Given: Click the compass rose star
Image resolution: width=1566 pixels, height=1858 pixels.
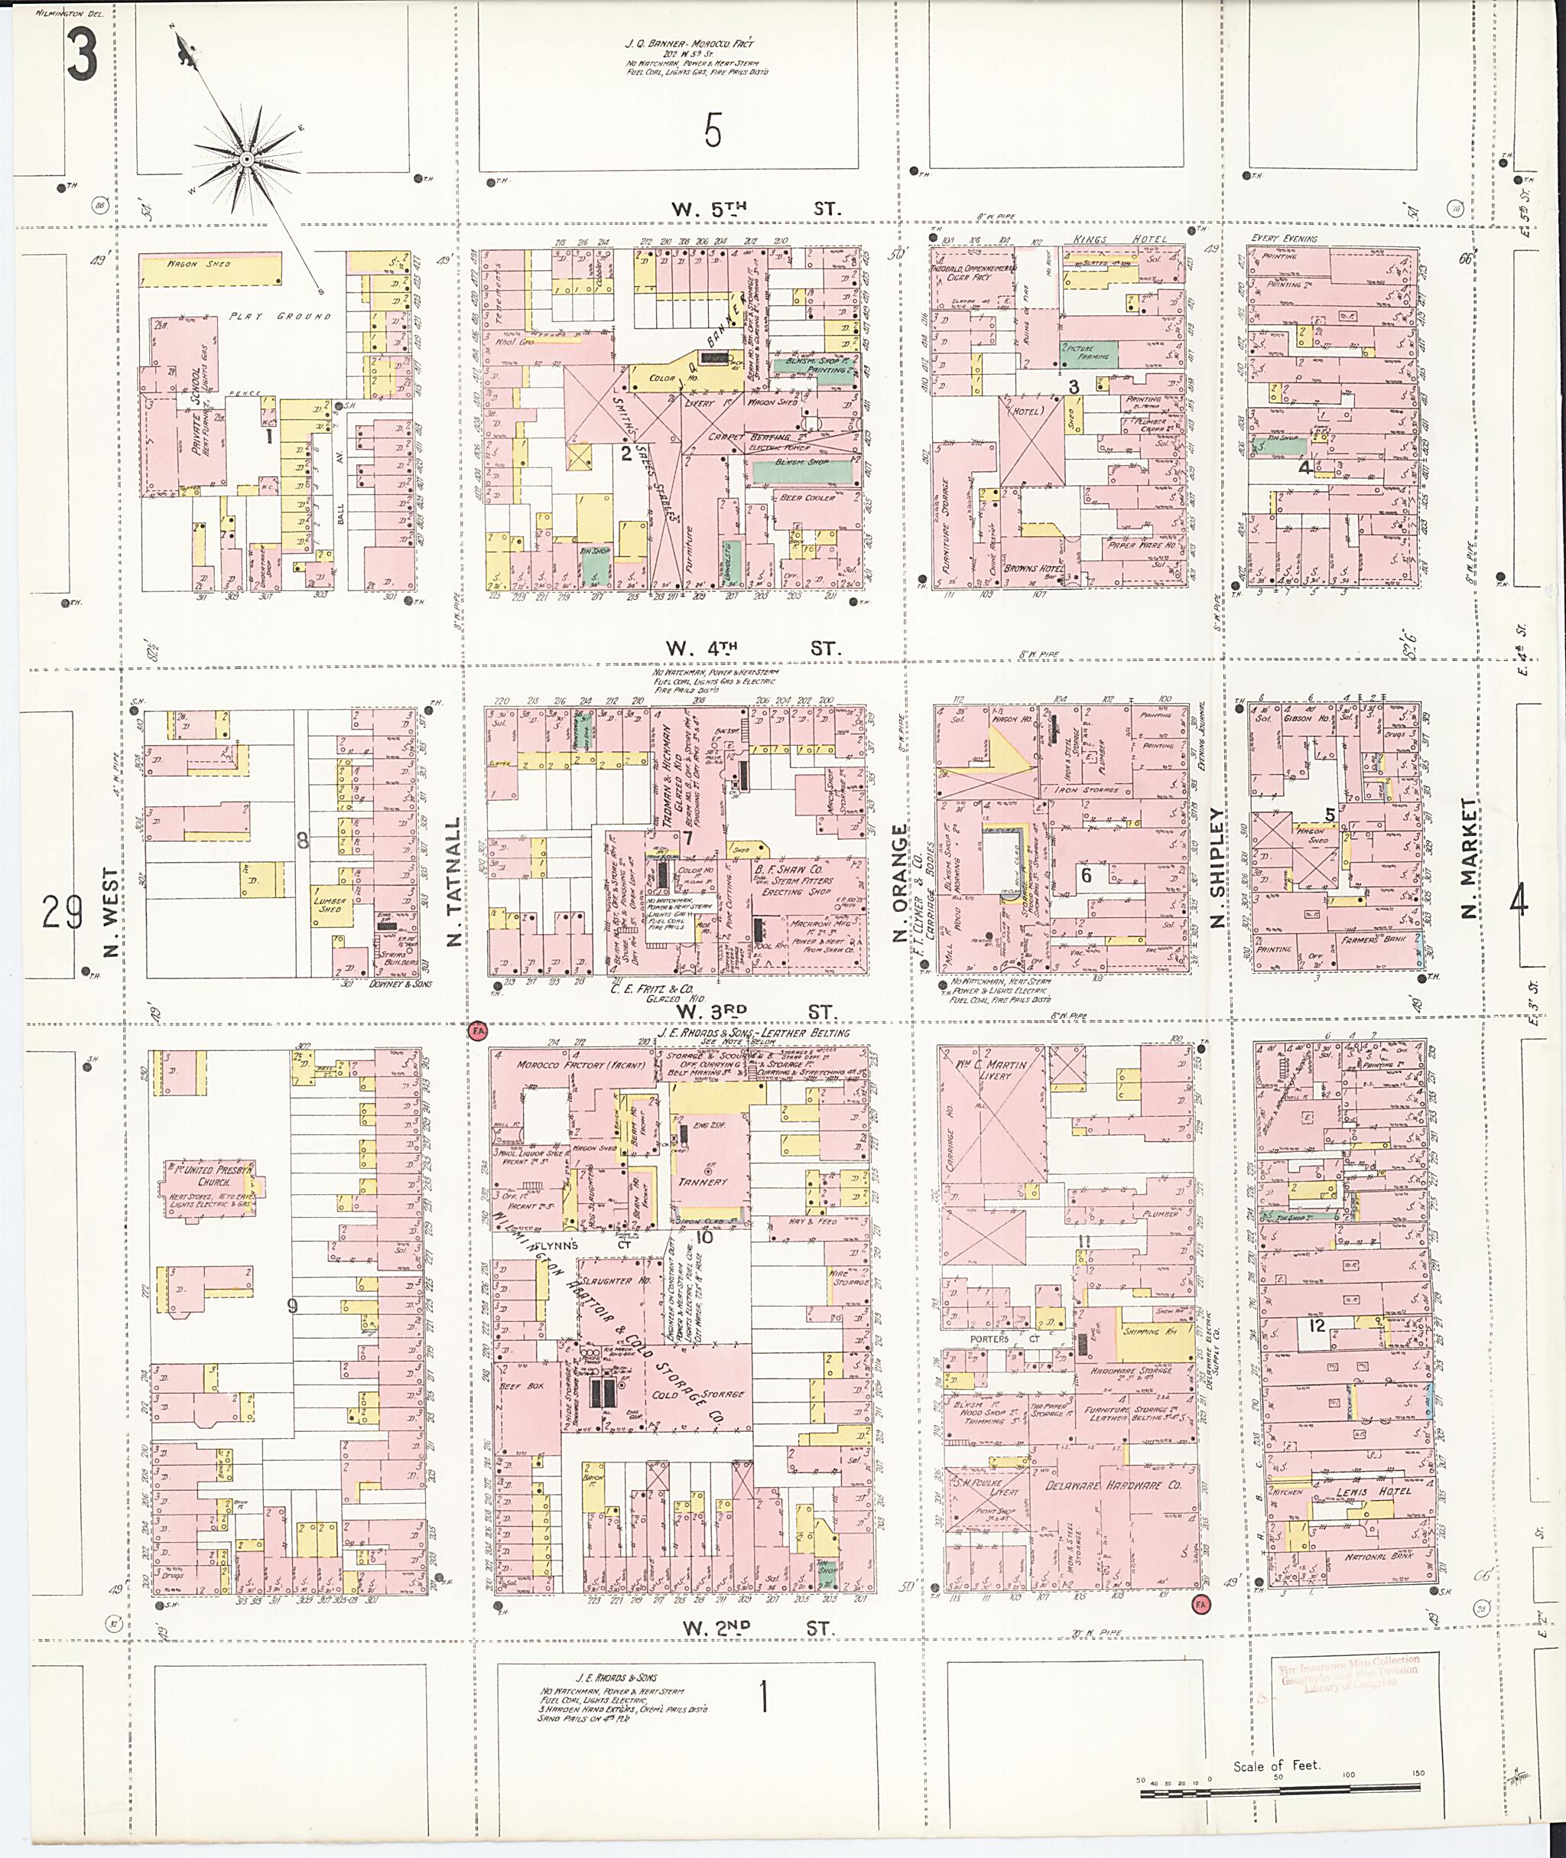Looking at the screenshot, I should click(247, 160).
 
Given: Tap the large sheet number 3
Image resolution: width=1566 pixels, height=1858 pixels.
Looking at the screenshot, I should click(82, 54).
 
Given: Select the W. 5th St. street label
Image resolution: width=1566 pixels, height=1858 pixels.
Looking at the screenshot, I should click(754, 210).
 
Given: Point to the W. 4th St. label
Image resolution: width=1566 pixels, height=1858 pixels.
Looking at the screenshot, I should click(754, 649).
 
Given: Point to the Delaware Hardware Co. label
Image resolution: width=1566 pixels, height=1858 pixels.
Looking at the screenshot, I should click(1125, 1485).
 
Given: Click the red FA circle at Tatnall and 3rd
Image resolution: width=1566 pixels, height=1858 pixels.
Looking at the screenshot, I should click(479, 1030).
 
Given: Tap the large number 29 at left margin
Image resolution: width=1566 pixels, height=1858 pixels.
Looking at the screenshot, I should click(61, 911).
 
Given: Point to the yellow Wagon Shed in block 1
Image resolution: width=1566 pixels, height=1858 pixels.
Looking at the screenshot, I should click(210, 269).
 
